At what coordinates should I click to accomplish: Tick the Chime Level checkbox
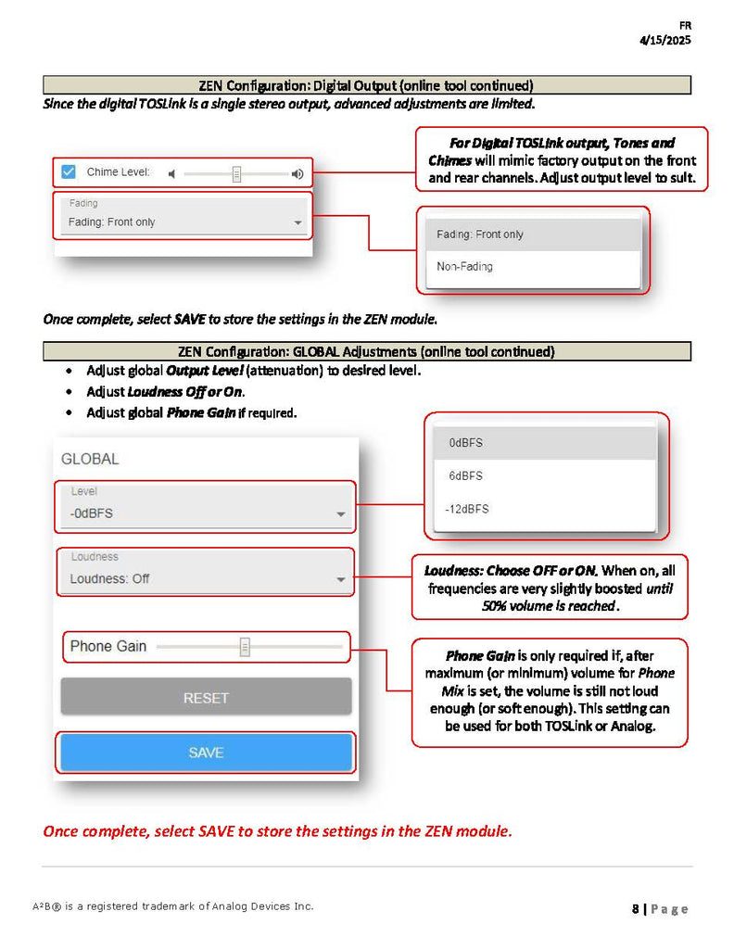68,171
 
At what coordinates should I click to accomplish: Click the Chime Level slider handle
236,173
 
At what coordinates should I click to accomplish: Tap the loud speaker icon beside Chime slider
297,173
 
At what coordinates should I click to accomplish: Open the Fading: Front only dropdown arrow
297,223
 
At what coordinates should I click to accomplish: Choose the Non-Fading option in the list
465,267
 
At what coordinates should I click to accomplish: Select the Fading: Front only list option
480,234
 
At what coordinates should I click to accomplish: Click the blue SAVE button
206,753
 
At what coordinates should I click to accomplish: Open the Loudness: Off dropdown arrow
341,580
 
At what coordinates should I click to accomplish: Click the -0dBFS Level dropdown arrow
341,514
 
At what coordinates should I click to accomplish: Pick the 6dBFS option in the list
465,476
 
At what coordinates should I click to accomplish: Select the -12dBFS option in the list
468,509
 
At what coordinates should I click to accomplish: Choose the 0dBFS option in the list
465,443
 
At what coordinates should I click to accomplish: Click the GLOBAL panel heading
90,459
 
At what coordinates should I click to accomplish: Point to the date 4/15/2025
664,40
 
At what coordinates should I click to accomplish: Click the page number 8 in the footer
636,909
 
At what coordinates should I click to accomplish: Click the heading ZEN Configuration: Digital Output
366,85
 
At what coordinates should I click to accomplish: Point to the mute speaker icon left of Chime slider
171,173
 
